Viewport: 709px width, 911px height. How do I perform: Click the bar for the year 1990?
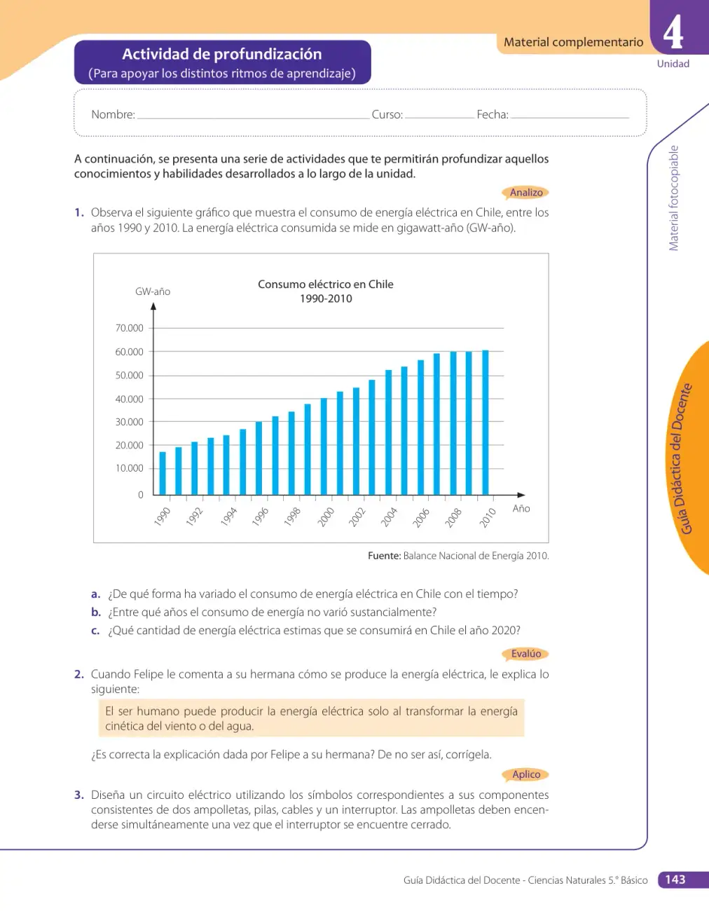point(163,473)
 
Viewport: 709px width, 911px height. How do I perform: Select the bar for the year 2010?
point(486,423)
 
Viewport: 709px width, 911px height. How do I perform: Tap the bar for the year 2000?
point(324,446)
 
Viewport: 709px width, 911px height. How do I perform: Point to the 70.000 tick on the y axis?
point(130,328)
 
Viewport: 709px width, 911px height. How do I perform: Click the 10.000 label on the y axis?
point(130,468)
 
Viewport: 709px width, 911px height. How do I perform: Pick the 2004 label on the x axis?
point(389,516)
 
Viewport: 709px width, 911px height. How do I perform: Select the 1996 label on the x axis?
point(260,516)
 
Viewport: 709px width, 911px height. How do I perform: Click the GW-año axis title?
point(153,292)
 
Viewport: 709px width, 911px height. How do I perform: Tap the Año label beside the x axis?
point(521,509)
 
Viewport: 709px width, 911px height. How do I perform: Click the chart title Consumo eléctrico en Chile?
point(326,285)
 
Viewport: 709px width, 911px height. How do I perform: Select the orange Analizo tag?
point(525,193)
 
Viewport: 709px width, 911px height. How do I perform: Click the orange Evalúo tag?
point(525,654)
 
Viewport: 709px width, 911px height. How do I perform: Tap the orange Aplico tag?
point(525,774)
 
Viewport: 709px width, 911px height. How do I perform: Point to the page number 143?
point(675,879)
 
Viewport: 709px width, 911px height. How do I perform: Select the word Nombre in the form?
point(112,114)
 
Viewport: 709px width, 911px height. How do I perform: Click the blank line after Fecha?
point(570,118)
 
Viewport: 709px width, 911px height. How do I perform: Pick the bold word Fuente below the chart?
point(383,556)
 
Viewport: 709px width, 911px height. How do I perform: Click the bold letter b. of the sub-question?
point(96,612)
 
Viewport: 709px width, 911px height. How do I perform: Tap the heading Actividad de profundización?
point(222,54)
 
